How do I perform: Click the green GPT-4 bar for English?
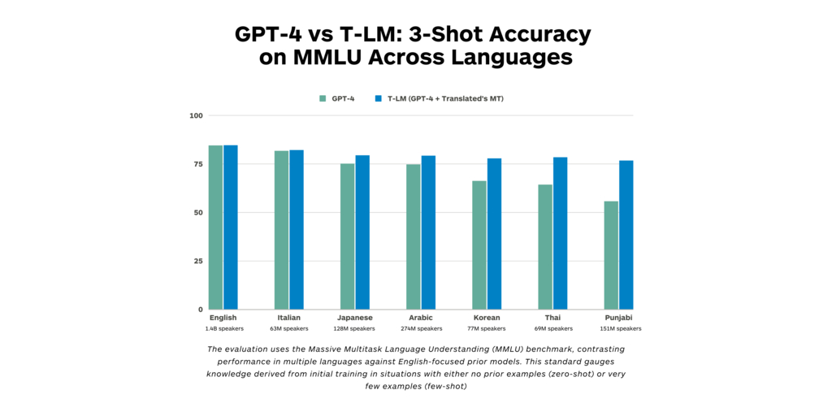215,227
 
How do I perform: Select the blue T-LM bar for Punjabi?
626,235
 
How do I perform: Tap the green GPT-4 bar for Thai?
544,247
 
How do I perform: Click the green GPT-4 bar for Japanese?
347,236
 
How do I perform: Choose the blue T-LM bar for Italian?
297,230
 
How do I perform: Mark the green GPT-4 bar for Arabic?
413,236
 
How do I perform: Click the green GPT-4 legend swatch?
323,98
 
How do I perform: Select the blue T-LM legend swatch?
378,98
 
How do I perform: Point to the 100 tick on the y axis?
196,115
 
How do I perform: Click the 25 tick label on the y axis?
197,261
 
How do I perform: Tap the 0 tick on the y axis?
200,310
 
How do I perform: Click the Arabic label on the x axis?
420,318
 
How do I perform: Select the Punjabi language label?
618,318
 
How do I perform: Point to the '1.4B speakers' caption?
223,329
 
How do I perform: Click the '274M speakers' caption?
420,329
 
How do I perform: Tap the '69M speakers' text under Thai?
552,329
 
